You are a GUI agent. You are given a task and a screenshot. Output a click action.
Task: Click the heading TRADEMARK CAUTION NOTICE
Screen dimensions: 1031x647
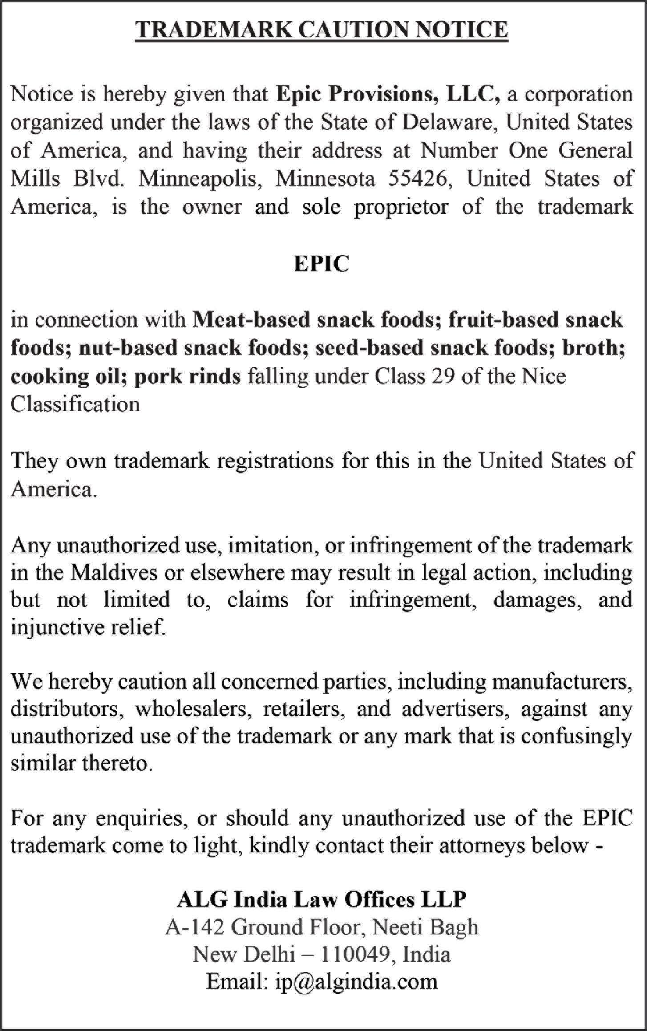322,29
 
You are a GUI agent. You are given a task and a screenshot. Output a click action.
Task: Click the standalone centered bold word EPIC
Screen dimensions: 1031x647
321,264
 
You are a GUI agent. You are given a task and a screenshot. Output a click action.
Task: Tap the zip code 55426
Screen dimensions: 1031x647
417,179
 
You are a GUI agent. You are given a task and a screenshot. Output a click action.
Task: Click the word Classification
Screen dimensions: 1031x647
75,404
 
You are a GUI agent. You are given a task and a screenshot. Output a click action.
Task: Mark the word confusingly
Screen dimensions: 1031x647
576,736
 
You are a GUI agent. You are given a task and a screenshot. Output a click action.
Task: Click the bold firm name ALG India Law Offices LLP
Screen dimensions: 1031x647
322,899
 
